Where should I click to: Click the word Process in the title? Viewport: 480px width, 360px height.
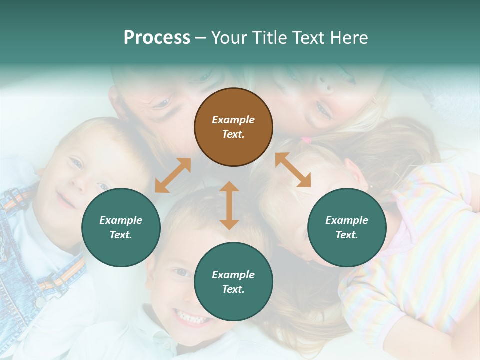157,38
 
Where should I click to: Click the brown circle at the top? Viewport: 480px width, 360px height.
233,127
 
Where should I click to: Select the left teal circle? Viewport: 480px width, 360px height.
121,227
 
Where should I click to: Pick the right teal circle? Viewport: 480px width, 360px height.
347,227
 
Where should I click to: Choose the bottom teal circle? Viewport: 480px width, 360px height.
233,282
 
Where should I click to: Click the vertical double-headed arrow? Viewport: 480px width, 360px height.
229,205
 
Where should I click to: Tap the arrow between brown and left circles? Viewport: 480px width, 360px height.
173,175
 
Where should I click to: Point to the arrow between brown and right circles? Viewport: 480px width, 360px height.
293,170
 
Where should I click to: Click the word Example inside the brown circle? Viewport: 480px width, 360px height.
233,120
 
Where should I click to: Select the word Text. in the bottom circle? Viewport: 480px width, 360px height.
233,289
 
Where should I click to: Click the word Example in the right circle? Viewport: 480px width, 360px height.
347,220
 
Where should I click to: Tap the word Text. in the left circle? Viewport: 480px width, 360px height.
121,235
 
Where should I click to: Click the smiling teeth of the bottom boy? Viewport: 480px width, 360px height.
191,317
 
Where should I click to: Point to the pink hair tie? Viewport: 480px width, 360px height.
306,141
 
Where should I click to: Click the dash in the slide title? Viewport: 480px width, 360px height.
201,38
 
